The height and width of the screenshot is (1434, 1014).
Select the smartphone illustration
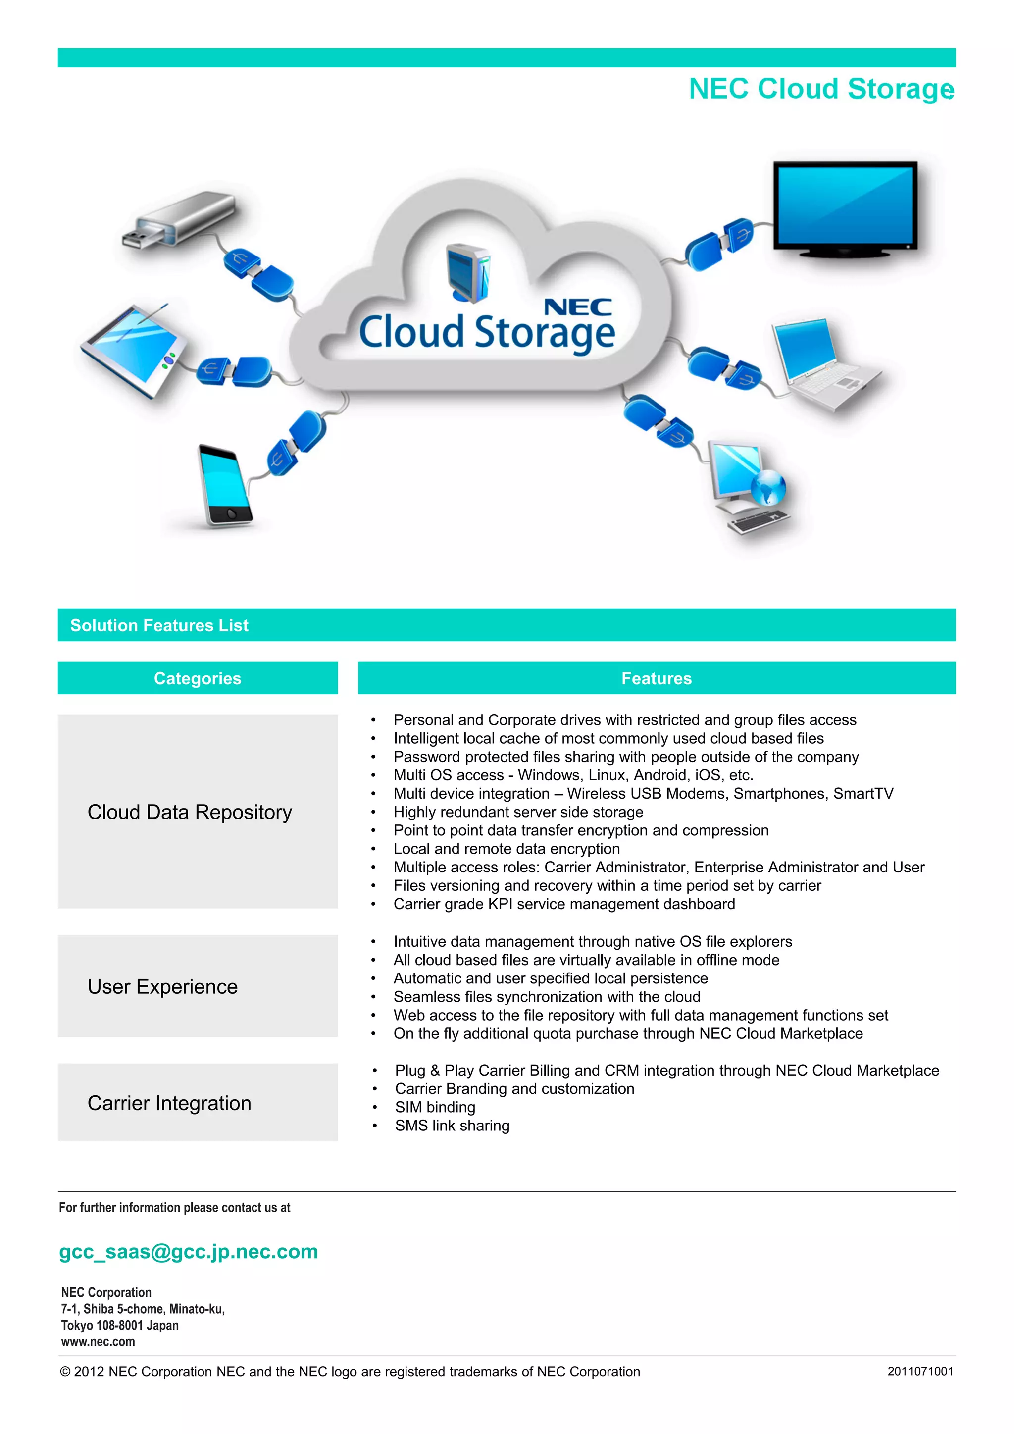click(225, 485)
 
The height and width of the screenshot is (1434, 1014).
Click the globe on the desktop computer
click(767, 487)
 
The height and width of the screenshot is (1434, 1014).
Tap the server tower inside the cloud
click(469, 272)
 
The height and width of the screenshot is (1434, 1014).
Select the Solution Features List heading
click(159, 625)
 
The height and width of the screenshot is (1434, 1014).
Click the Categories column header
click(198, 678)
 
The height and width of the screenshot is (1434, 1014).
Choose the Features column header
click(656, 678)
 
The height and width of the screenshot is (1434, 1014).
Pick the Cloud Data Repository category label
click(190, 812)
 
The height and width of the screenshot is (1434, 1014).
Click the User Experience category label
click(162, 986)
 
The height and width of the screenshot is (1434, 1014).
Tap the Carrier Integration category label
click(169, 1103)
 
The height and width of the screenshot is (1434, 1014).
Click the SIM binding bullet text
click(435, 1107)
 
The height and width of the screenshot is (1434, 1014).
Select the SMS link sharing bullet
click(452, 1126)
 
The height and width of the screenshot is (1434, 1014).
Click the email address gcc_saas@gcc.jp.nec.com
click(189, 1252)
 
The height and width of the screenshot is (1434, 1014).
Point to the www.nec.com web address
click(98, 1341)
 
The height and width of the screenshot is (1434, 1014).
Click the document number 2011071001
click(920, 1371)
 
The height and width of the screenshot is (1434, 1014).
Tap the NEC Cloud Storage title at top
click(820, 89)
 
